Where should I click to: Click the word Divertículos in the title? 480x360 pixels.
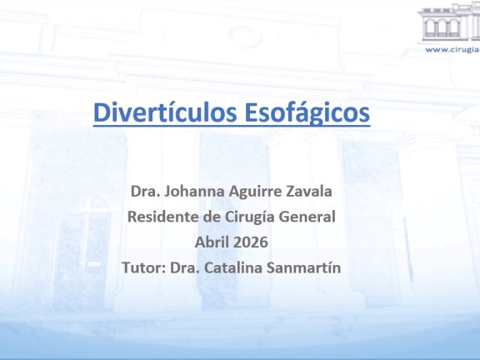pyautogui.click(x=165, y=112)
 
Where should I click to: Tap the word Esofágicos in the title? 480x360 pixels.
pyautogui.click(x=307, y=112)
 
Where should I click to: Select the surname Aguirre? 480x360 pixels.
pyautogui.click(x=255, y=192)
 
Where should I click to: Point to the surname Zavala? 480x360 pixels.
pyautogui.click(x=309, y=192)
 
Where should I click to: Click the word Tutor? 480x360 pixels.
pyautogui.click(x=144, y=267)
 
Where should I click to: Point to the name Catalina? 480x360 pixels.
pyautogui.click(x=233, y=267)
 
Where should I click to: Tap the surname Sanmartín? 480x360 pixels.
pyautogui.click(x=304, y=267)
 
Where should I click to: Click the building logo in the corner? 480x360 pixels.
pyautogui.click(x=449, y=22)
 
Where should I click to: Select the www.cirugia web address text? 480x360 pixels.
pyautogui.click(x=452, y=50)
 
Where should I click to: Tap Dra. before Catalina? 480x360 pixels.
pyautogui.click(x=185, y=267)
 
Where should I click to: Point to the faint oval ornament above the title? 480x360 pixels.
pyautogui.click(x=245, y=36)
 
